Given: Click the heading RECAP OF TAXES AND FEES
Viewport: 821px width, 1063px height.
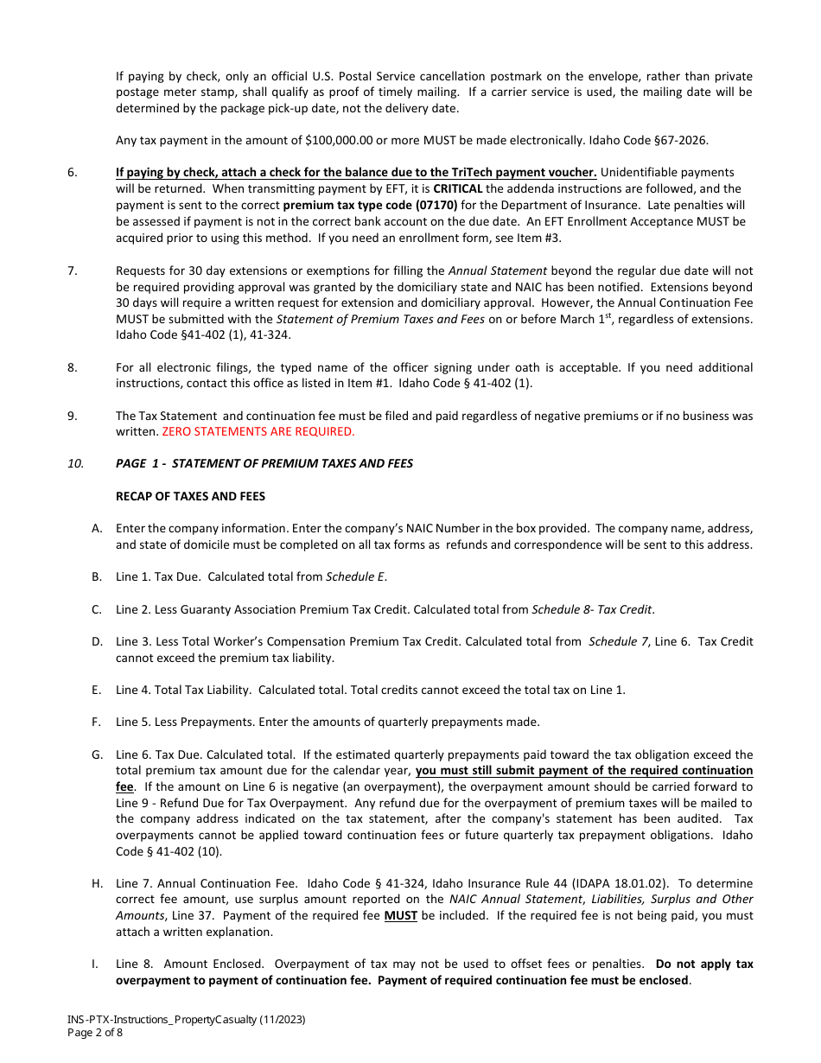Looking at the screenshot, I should (x=190, y=496).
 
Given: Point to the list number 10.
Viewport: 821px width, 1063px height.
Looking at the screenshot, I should (x=75, y=463).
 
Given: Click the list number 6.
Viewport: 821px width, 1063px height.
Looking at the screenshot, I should (x=72, y=172).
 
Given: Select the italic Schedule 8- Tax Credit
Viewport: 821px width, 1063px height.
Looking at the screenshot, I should (x=591, y=609).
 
